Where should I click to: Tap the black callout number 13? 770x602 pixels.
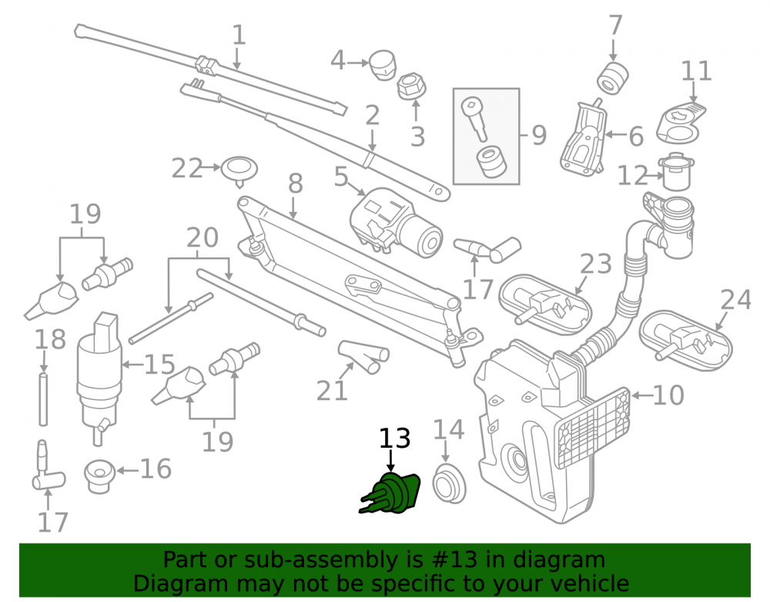(x=395, y=439)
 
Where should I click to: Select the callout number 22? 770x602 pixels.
(x=186, y=169)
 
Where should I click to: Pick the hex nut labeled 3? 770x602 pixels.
(x=411, y=86)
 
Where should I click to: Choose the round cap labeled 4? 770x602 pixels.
(x=382, y=64)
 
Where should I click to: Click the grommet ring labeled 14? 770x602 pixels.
(x=448, y=483)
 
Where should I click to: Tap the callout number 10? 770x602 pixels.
(x=668, y=395)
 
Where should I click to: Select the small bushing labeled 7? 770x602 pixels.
(x=612, y=78)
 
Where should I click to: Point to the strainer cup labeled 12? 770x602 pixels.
(x=678, y=172)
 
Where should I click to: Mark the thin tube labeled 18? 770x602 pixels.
(x=43, y=399)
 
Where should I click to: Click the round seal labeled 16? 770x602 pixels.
(x=99, y=476)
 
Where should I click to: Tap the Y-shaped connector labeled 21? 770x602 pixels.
(x=363, y=356)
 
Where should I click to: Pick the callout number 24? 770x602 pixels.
(x=735, y=300)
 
